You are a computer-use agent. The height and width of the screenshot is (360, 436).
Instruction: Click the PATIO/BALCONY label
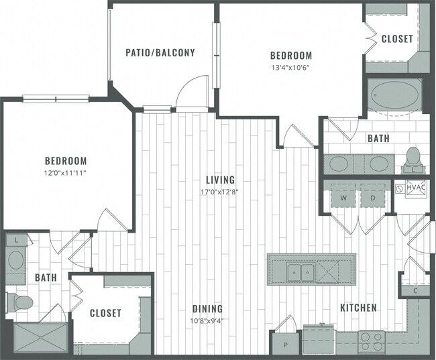pyautogui.click(x=160, y=52)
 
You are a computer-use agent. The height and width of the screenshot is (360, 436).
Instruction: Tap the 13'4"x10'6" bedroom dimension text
pyautogui.click(x=291, y=67)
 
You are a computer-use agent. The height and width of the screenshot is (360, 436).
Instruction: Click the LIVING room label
pyautogui.click(x=220, y=180)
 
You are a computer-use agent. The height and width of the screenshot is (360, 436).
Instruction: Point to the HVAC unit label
pyautogui.click(x=415, y=188)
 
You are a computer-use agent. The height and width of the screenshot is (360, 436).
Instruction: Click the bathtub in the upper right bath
pyautogui.click(x=394, y=96)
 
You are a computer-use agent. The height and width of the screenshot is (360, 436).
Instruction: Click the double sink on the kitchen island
pyautogui.click(x=300, y=272)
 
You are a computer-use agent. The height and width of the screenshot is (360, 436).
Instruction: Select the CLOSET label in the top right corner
pyautogui.click(x=397, y=39)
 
